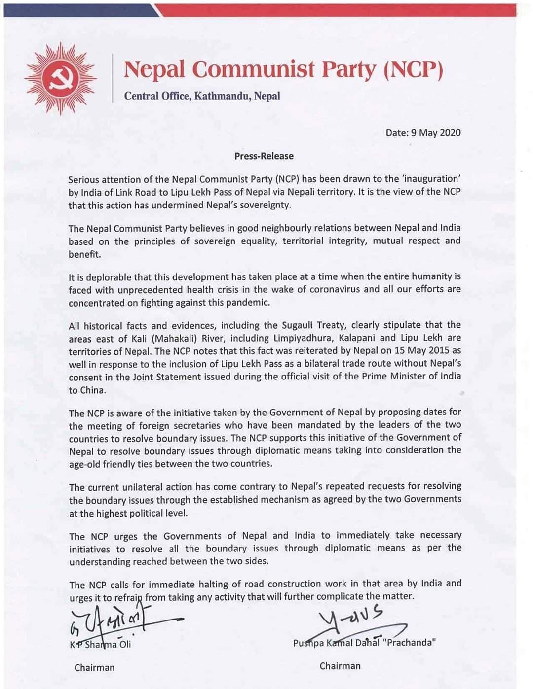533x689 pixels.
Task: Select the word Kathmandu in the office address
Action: point(223,96)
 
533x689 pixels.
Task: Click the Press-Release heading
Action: point(264,156)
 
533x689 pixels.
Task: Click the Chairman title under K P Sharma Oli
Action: point(94,667)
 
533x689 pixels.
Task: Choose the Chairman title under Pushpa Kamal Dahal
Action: point(340,666)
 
